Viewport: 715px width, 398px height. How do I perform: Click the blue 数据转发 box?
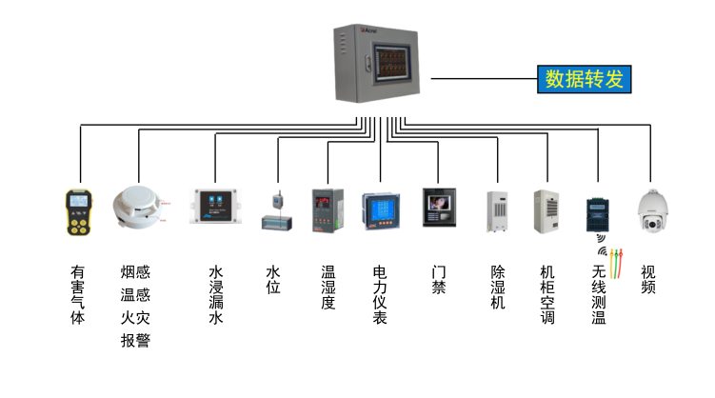click(585, 79)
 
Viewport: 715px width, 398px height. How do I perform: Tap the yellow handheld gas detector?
click(78, 212)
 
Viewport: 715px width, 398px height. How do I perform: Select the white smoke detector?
click(137, 207)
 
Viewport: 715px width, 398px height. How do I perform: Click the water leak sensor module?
click(215, 207)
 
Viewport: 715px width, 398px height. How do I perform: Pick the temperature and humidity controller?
click(328, 210)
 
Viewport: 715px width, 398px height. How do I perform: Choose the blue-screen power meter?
click(381, 211)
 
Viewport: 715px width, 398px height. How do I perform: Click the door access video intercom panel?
click(439, 208)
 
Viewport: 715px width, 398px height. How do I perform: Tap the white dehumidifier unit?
click(497, 211)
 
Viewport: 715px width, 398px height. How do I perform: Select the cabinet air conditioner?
click(546, 211)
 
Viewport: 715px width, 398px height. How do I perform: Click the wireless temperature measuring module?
click(597, 215)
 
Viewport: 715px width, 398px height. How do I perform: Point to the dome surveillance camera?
click(652, 211)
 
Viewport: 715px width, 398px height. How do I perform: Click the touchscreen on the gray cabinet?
click(391, 63)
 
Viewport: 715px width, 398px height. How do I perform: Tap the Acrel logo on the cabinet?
click(368, 30)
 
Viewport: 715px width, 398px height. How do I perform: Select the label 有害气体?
click(77, 294)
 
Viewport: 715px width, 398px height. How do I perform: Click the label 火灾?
click(135, 318)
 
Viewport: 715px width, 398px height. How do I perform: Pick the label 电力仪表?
click(380, 294)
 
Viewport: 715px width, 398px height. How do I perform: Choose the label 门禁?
click(439, 280)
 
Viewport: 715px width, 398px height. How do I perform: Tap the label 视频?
click(648, 280)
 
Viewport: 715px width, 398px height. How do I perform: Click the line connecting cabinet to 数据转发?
click(484, 78)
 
